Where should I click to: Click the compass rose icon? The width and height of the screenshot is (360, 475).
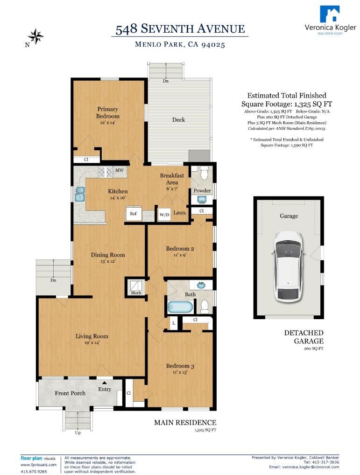point(36,36)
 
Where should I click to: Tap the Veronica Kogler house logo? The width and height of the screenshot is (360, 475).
point(330,14)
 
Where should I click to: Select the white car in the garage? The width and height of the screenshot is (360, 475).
point(287,265)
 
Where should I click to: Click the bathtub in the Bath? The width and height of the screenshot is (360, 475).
point(180,307)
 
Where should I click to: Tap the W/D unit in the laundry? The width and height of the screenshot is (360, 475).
point(164,215)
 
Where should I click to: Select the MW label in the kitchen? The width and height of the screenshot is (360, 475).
point(120,171)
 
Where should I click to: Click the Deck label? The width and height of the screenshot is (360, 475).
point(178,119)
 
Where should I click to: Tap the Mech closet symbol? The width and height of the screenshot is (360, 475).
point(136,287)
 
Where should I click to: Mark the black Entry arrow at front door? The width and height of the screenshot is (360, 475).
point(105,383)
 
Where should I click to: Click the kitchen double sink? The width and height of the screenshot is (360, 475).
point(80,194)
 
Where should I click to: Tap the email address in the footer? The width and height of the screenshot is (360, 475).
point(304,467)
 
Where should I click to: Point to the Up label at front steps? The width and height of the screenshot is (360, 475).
point(78,433)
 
